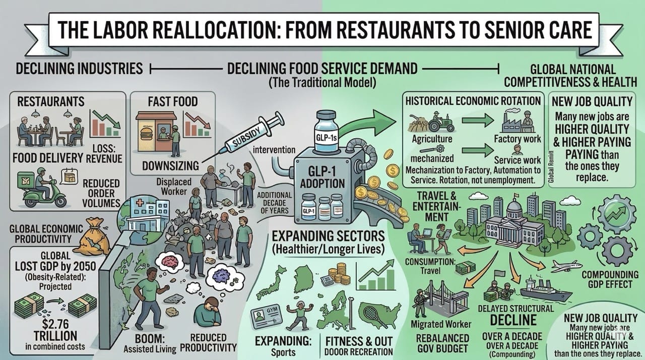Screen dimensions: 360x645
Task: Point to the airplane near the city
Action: point(566,267)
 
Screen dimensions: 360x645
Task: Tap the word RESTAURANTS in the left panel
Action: point(50,101)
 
